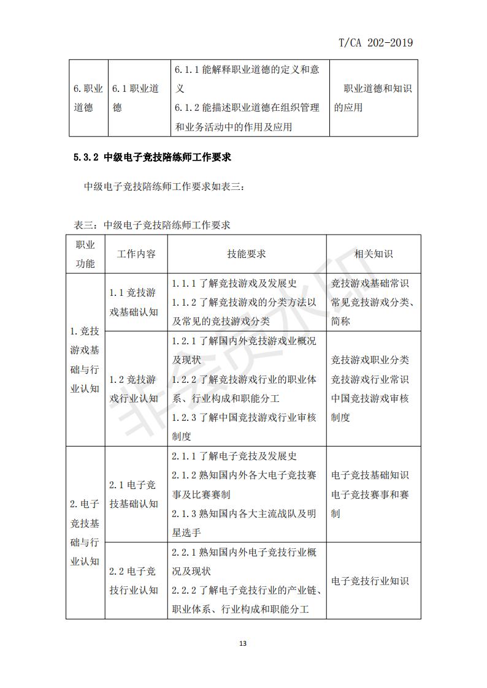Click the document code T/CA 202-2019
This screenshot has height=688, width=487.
point(375,42)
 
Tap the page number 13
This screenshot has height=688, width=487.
point(243,643)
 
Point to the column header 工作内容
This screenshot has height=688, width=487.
point(136,254)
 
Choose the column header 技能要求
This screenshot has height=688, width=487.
point(247,254)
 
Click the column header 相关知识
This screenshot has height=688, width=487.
point(373,254)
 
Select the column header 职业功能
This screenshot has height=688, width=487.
point(85,254)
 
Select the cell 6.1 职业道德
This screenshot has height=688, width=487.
point(136,98)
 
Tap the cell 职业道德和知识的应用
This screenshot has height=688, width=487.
point(373,98)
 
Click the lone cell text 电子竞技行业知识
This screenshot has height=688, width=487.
point(370,581)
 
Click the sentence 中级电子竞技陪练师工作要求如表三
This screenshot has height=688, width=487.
point(164,186)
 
